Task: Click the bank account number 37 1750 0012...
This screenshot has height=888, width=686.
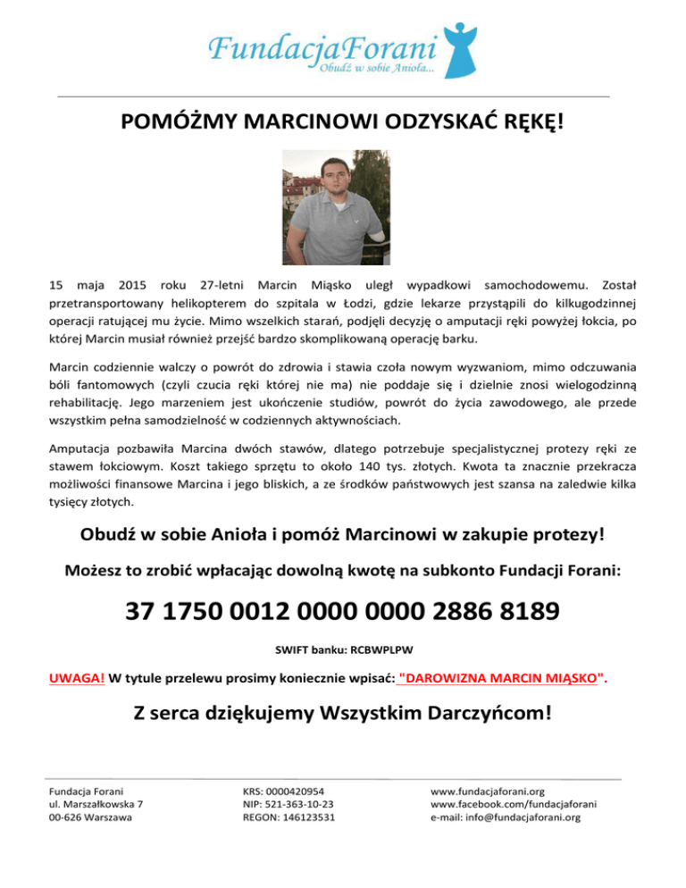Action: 343,613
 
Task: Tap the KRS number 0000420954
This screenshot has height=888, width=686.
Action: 302,791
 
